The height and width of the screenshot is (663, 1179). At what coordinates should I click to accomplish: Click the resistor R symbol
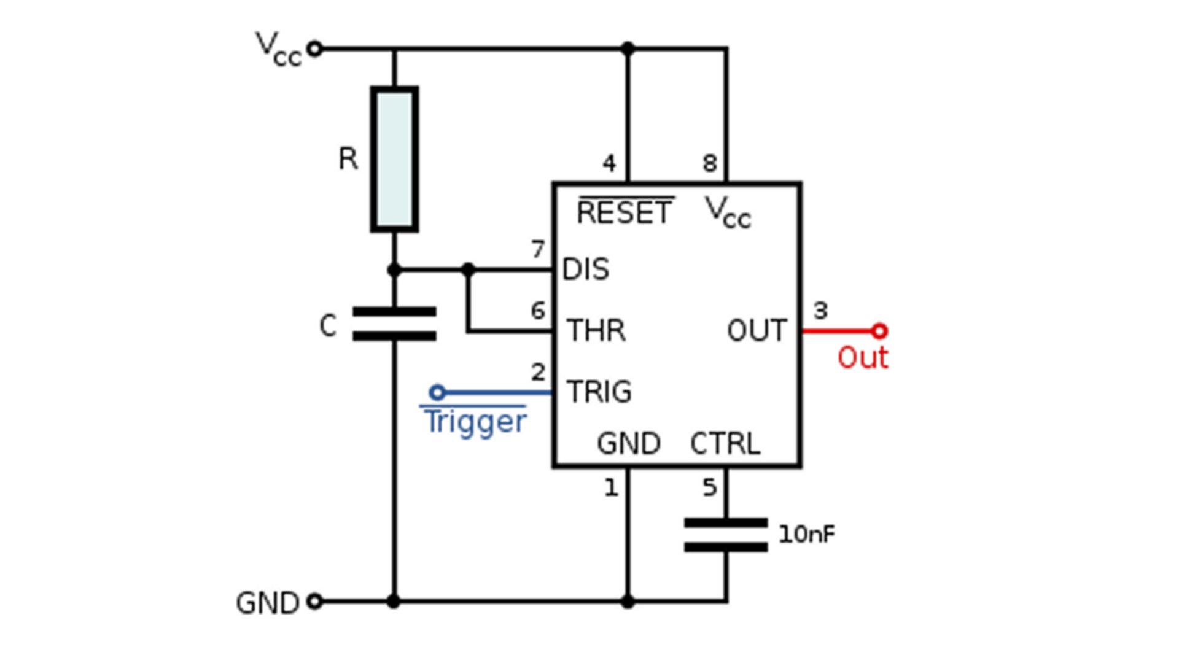coord(394,160)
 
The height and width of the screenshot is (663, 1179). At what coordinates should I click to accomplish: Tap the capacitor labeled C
coord(394,324)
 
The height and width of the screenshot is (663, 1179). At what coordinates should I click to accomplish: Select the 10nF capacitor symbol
coord(726,535)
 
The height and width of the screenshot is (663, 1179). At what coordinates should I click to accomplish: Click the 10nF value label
coord(806,535)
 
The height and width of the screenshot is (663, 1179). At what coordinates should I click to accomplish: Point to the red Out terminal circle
coord(879,331)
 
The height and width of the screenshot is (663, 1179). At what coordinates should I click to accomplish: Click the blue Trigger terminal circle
coord(437,392)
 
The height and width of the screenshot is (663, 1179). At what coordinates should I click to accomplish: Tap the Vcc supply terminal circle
coord(314,48)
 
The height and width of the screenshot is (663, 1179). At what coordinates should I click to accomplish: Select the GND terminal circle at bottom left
coord(314,602)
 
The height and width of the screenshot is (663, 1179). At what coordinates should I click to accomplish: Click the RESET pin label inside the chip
coord(625,213)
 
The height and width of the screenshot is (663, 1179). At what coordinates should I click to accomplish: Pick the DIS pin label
coord(586,269)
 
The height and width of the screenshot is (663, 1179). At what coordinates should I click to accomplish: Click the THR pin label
coord(596,331)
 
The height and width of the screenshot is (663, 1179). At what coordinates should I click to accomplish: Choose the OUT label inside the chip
coord(757,331)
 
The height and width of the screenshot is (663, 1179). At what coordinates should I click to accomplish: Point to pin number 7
coord(538,249)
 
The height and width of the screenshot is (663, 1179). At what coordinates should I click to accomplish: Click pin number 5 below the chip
coord(709,488)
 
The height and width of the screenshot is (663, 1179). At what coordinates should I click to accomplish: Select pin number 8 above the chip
coord(710,163)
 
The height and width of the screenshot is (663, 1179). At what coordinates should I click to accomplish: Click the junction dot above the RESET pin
coord(628,48)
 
